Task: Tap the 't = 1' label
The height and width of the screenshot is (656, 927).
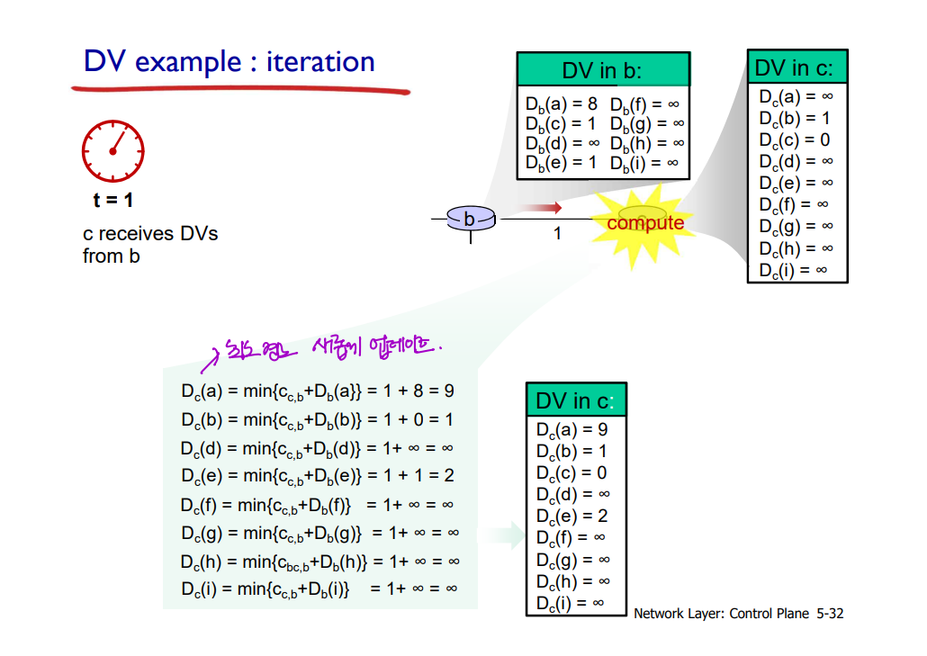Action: click(112, 200)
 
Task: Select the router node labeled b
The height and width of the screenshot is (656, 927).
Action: click(470, 219)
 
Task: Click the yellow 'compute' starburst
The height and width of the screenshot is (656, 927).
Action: click(644, 222)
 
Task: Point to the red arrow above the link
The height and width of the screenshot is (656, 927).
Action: click(543, 208)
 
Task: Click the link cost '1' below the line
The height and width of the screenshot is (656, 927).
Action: click(557, 234)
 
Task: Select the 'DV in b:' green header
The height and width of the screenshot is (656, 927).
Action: click(602, 70)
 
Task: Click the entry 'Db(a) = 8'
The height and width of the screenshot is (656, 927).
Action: click(562, 103)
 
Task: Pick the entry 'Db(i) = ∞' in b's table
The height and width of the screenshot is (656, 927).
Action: click(646, 163)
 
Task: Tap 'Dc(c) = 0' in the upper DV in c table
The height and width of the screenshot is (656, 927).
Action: click(795, 139)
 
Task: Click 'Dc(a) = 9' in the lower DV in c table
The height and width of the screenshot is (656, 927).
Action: click(572, 429)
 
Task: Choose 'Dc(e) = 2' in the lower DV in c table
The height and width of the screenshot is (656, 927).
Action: click(572, 516)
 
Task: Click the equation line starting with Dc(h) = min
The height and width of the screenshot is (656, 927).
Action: click(319, 562)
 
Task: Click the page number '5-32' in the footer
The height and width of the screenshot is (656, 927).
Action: click(830, 614)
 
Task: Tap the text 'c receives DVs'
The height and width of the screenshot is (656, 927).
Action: click(150, 234)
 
